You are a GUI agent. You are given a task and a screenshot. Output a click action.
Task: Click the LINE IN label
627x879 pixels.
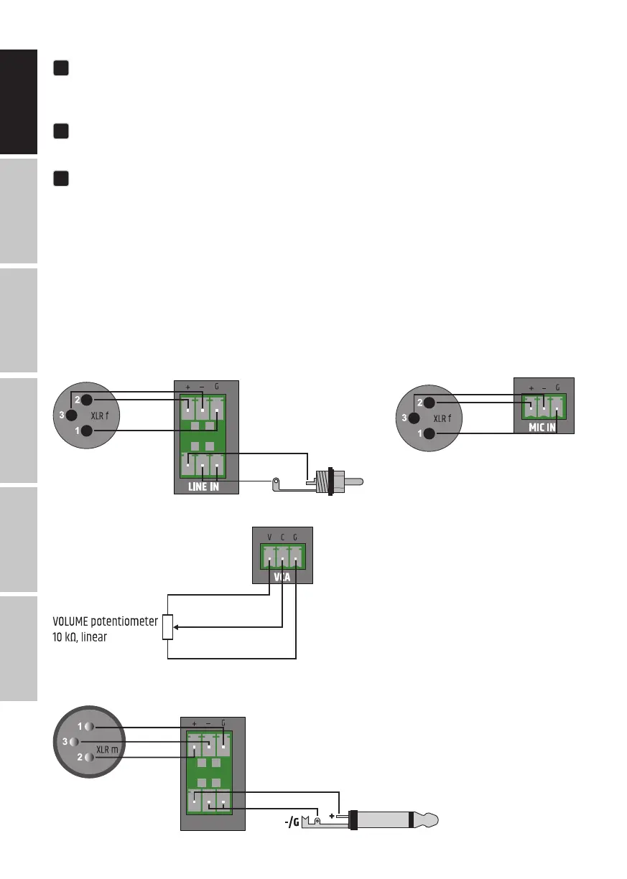(203, 487)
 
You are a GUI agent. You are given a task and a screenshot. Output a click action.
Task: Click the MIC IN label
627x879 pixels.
(542, 428)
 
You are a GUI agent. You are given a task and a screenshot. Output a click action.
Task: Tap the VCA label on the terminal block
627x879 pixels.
(282, 577)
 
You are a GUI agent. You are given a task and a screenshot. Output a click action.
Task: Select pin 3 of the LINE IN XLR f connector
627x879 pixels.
(71, 415)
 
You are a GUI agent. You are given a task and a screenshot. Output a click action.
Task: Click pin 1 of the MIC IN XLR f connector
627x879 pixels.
(429, 433)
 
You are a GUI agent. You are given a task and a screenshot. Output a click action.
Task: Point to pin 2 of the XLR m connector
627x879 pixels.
(89, 757)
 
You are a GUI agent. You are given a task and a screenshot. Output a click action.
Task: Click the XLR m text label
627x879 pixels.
(107, 750)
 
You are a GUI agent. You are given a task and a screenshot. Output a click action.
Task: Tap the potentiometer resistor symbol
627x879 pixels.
(168, 627)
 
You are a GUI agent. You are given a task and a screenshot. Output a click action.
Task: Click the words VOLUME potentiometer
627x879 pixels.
(105, 621)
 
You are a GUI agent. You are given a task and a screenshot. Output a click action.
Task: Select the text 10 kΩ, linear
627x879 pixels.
(80, 637)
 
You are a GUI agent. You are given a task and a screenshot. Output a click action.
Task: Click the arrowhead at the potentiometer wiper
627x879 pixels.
(176, 627)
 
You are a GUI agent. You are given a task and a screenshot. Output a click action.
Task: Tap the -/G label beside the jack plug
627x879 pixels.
(292, 822)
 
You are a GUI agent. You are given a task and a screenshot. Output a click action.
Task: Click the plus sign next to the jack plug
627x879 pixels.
(332, 816)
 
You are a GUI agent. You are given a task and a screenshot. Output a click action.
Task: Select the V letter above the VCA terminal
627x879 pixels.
(269, 537)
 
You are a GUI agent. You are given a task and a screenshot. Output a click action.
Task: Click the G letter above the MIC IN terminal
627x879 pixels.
(557, 387)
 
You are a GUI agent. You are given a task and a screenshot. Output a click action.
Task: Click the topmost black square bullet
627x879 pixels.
(61, 68)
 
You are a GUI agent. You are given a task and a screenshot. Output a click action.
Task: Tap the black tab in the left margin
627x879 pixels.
(19, 102)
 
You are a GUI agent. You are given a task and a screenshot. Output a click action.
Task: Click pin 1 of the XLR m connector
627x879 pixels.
(89, 726)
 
